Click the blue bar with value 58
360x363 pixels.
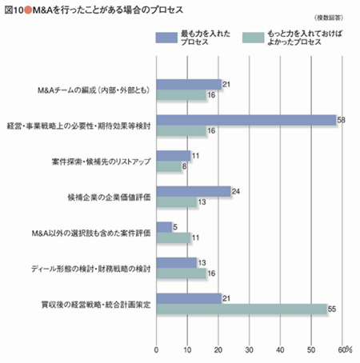click(x=246, y=120)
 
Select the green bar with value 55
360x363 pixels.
click(x=242, y=309)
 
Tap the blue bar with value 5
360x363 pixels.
click(x=164, y=227)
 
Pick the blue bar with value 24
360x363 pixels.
click(x=194, y=191)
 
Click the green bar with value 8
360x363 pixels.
click(x=169, y=166)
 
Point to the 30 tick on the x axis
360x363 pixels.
click(x=249, y=350)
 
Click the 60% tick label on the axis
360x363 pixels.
click(x=345, y=350)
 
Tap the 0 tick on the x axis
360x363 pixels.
click(x=157, y=350)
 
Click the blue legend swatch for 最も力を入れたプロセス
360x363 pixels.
click(x=166, y=38)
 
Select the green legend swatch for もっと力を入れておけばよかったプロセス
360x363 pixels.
click(x=254, y=38)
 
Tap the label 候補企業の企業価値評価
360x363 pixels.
click(x=109, y=197)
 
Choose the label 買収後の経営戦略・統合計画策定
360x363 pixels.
click(x=96, y=305)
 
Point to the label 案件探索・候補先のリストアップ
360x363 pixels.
click(x=102, y=162)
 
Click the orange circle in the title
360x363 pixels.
click(x=28, y=10)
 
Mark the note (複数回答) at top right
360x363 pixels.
click(x=329, y=18)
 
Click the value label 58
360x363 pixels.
click(x=341, y=120)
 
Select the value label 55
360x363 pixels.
click(x=332, y=309)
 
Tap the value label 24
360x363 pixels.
click(x=236, y=191)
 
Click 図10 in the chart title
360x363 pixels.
click(x=14, y=10)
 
